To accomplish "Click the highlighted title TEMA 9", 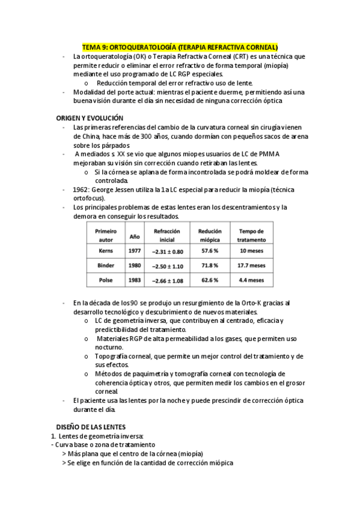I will click(x=180, y=46).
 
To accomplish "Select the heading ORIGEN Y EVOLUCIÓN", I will click(x=90, y=118).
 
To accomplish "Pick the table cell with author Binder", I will click(x=106, y=265).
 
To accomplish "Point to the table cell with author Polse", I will click(x=106, y=280).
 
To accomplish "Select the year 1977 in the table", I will click(x=135, y=250).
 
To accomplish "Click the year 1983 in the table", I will click(x=135, y=280).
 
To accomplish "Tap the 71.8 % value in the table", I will click(x=209, y=265).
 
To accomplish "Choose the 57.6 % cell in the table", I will click(x=209, y=250).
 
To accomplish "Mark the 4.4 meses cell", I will click(x=252, y=280).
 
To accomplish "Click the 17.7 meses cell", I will click(x=252, y=265).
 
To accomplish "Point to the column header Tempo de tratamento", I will click(x=252, y=235).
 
